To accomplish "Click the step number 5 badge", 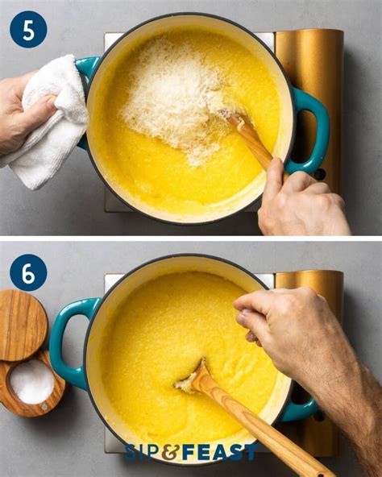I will (27, 29).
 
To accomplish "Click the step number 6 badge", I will (27, 272).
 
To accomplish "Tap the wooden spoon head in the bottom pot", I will (193, 378).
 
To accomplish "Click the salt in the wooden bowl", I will (32, 380).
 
